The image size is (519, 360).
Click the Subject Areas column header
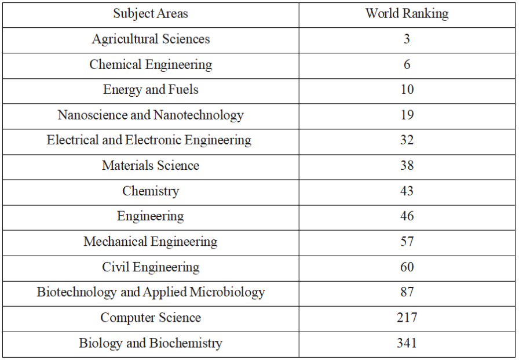151,14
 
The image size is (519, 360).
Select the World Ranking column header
407,14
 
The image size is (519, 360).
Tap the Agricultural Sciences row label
151,39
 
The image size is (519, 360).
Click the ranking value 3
407,39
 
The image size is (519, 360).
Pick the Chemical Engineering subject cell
151,64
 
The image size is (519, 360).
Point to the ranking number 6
407,64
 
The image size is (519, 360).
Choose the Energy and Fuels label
151,90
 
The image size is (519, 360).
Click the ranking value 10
407,90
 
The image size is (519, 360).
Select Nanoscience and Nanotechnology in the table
151,115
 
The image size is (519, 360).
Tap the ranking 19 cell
407,115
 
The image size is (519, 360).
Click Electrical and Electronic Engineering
149,140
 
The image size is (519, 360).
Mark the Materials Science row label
151,166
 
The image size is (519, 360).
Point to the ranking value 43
407,191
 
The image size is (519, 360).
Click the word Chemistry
151,191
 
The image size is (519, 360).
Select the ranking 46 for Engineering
407,216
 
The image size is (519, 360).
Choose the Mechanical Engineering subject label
151,242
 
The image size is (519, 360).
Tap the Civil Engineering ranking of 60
407,267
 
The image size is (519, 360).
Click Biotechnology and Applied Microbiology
151,292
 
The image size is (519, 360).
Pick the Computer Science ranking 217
407,318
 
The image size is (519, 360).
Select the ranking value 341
407,343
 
